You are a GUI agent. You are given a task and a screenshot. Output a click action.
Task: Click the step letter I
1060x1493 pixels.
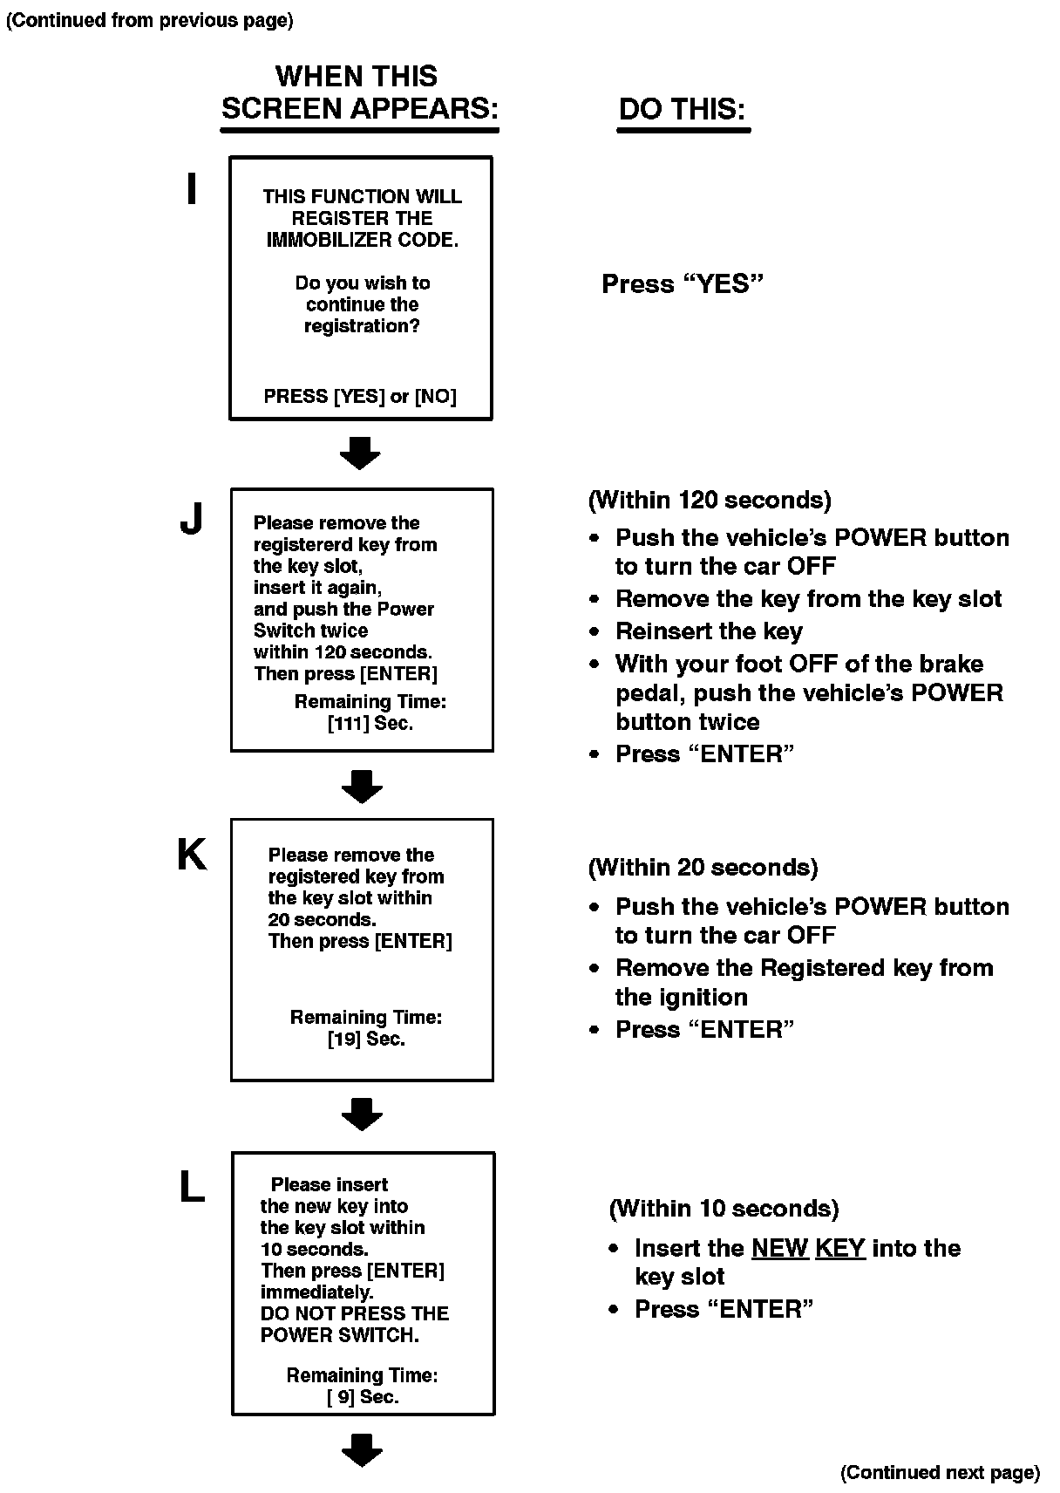(192, 189)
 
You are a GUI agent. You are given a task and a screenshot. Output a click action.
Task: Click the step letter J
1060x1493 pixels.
(191, 520)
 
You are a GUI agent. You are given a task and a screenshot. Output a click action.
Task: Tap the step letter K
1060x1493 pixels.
(192, 856)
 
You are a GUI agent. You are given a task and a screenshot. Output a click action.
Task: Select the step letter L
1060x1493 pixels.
(192, 1187)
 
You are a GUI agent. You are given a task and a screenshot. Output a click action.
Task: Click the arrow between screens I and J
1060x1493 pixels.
(360, 453)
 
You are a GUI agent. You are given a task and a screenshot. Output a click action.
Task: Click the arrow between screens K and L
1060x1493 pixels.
(362, 1114)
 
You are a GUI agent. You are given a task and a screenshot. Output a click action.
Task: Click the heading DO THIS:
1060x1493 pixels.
(683, 110)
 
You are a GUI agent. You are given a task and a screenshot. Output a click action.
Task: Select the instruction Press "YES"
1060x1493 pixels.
(683, 284)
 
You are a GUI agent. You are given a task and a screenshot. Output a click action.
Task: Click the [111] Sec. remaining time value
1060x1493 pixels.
(370, 724)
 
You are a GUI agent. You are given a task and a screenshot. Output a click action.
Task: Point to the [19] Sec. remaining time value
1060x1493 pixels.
(366, 1040)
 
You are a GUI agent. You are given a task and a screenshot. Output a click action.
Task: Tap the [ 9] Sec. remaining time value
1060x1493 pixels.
(363, 1397)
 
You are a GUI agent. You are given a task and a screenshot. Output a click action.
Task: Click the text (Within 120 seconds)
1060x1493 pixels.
(710, 501)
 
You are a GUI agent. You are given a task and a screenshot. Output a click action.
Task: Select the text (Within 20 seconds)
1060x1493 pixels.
(703, 868)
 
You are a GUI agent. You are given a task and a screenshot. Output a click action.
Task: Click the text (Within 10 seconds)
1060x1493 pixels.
(724, 1209)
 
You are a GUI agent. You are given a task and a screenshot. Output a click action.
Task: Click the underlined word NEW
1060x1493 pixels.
(780, 1249)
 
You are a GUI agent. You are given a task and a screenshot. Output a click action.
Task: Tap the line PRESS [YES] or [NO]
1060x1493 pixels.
(360, 397)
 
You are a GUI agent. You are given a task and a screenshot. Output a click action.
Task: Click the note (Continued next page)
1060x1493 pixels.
(940, 1473)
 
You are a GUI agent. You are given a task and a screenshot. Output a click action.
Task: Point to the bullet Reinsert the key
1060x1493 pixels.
(709, 631)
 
